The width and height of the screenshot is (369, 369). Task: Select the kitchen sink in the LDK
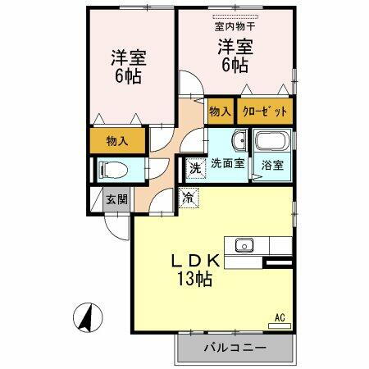pos(244,244)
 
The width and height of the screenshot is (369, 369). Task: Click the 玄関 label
pos(115,200)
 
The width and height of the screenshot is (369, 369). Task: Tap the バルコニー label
pos(235,348)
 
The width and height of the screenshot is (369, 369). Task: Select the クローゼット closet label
pos(263,111)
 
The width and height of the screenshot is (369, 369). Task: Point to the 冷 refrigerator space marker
pos(188,197)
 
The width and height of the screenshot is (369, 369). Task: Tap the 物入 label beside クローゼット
pos(219,111)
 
